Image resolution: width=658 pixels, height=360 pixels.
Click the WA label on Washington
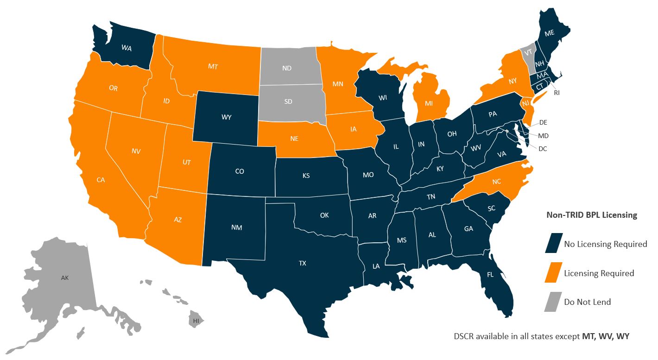point(126,47)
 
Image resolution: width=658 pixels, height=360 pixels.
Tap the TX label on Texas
point(302,263)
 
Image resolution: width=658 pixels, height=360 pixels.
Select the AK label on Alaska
point(64,278)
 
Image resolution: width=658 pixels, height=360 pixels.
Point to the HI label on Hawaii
point(196,321)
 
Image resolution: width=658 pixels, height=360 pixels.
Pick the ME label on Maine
point(550,33)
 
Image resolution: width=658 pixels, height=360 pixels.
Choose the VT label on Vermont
point(527,52)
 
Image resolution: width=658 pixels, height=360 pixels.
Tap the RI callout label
point(557,93)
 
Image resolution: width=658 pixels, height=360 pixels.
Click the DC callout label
point(543,149)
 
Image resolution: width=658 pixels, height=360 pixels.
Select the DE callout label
point(543,123)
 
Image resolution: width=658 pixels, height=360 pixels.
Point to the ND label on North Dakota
point(286,68)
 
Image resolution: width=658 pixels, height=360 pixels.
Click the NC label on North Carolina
point(497,182)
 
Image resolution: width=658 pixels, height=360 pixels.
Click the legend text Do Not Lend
point(587,302)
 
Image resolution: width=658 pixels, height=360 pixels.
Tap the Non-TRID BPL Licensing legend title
point(592,215)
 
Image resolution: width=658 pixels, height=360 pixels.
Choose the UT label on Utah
point(186,162)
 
